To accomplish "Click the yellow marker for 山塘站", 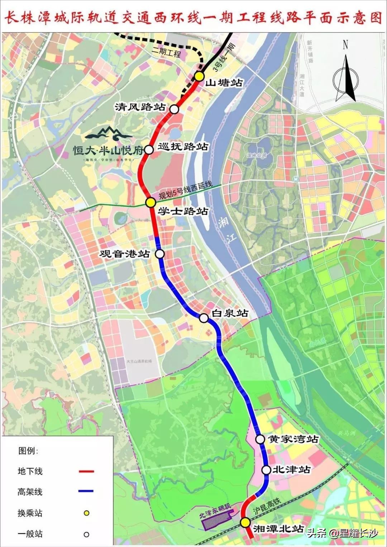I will pos(199,76).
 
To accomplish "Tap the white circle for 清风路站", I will pos(174,109).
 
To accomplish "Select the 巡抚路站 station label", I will pos(183,147).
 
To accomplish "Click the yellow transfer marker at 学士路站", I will pos(150,203).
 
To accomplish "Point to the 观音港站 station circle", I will pos(160,254).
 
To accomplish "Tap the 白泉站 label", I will pos(230,313).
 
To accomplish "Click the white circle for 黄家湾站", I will pos(260,439).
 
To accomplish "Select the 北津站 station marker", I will pos(266,470).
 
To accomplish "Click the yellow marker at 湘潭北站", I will pos(245,523).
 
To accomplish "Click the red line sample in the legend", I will pos(86,471).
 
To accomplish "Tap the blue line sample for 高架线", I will pos(86,491).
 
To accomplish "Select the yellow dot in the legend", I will pos(86,513).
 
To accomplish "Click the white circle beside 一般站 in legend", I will pos(86,534).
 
